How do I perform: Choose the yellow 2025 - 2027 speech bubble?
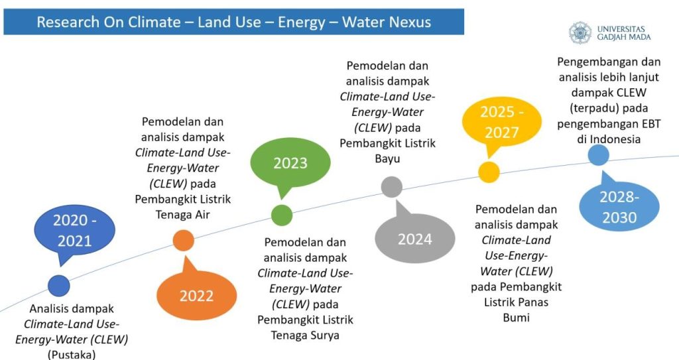[x=502, y=122]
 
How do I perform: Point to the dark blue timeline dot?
[x=59, y=286]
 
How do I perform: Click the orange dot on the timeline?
[x=183, y=241]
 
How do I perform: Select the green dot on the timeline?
[x=282, y=215]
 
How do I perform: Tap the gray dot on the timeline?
[x=392, y=187]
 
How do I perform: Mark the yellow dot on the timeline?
[x=489, y=172]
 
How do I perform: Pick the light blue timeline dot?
[x=599, y=154]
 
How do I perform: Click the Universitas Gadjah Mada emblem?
[x=580, y=33]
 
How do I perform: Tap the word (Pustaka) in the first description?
[x=72, y=355]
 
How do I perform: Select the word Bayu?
[x=387, y=158]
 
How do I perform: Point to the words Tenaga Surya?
[x=305, y=335]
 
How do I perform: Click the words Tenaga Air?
[x=183, y=214]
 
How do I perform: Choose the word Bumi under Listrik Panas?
[x=516, y=318]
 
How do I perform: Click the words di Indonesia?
[x=609, y=139]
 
